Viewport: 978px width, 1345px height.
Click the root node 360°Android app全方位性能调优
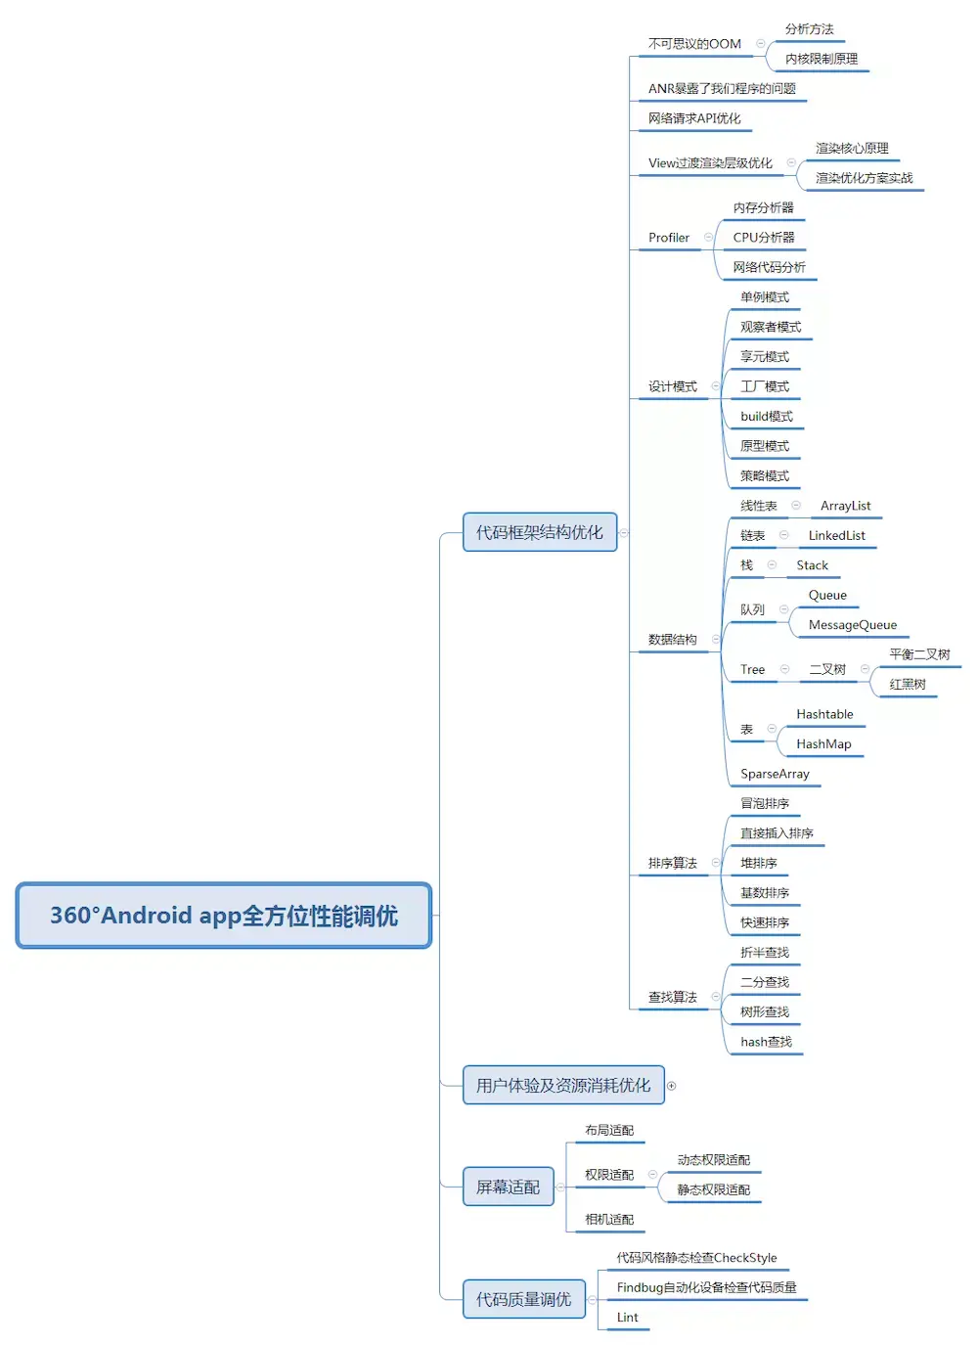point(223,916)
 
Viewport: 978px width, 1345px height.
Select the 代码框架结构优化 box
point(539,532)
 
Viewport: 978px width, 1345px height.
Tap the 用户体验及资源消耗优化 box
point(562,1085)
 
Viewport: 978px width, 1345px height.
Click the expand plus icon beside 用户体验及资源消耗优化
point(671,1086)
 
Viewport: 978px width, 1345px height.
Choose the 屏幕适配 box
point(508,1187)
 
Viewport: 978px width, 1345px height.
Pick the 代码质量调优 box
point(523,1299)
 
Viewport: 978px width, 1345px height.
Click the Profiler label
point(668,238)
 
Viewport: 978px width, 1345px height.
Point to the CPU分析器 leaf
point(763,238)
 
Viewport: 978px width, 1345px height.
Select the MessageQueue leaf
point(852,625)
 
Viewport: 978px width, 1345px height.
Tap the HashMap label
point(823,744)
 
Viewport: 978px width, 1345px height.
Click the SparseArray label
point(775,774)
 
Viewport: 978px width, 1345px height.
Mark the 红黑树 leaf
point(907,685)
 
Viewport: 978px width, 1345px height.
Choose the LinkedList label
point(836,536)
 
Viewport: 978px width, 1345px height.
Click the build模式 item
point(766,417)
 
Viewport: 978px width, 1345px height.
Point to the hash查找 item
point(766,1042)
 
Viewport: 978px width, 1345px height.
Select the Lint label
point(627,1318)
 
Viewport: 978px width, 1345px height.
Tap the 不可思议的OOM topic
point(694,44)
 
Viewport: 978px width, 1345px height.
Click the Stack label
point(812,565)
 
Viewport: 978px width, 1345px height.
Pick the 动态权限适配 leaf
point(713,1160)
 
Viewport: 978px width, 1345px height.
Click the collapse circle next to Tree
point(784,669)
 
